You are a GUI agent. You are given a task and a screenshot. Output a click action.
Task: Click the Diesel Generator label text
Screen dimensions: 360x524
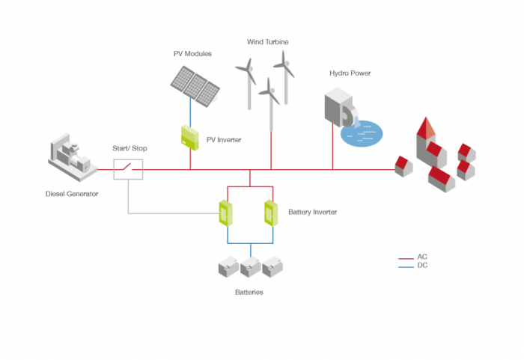pos(72,195)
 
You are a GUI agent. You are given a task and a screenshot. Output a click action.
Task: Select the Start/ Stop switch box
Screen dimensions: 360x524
pos(128,169)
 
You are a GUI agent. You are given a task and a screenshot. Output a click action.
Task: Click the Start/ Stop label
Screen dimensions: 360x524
pos(130,148)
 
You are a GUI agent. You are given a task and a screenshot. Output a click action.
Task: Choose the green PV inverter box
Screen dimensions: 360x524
pos(189,136)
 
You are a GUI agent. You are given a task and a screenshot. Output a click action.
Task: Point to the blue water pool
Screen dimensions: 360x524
pos(361,133)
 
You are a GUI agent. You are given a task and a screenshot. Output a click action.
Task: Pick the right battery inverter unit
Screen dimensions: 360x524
pos(270,212)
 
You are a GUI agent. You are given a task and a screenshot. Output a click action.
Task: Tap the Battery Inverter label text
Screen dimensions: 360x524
pos(312,213)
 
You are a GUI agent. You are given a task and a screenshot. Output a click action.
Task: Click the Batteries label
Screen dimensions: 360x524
pos(249,292)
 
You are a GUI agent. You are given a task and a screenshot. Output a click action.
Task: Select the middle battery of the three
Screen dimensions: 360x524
pos(251,267)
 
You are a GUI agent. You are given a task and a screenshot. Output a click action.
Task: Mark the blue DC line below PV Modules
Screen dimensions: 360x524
pos(190,112)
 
